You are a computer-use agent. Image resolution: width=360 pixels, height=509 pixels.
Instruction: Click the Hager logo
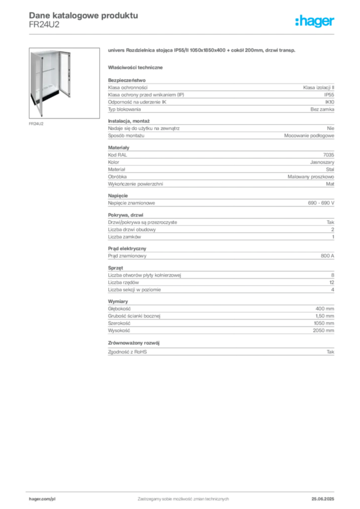coord(315,21)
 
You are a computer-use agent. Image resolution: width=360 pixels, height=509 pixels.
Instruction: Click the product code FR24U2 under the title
coord(44,25)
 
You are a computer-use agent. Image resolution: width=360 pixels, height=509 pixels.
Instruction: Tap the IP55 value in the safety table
coord(329,95)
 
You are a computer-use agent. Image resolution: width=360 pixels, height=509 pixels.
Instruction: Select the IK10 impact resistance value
coord(330,102)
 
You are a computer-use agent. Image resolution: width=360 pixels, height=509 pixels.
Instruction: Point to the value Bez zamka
coord(322,109)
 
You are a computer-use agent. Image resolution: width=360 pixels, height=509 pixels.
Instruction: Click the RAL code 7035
coord(329,155)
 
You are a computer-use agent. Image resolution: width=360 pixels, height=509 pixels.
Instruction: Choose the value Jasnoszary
coord(322,162)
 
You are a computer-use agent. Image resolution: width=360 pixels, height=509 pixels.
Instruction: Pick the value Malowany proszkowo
coord(311,176)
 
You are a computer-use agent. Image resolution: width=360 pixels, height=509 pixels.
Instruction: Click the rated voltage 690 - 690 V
coord(321,203)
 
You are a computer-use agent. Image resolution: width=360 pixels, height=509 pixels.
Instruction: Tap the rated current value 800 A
coord(327,256)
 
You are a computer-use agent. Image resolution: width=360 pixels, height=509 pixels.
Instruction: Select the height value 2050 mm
coord(323,331)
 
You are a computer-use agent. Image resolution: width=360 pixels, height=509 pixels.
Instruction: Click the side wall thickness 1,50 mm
coord(325,316)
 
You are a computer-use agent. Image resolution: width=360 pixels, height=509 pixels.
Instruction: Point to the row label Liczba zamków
coord(124,237)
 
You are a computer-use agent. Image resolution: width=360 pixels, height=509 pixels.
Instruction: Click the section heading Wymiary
coord(118,302)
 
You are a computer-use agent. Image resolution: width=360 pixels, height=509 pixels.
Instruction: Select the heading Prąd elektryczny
coord(127,249)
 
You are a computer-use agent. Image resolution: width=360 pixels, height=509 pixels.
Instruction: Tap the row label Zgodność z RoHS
coord(127,352)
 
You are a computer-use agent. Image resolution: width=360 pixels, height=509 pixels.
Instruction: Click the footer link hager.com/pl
coord(42,499)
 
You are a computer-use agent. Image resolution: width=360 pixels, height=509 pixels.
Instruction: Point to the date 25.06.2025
coord(323,499)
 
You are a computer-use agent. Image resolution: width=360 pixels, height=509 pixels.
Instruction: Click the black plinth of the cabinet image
coord(45,96)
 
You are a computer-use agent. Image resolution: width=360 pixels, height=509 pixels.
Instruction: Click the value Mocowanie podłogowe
coord(309,136)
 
